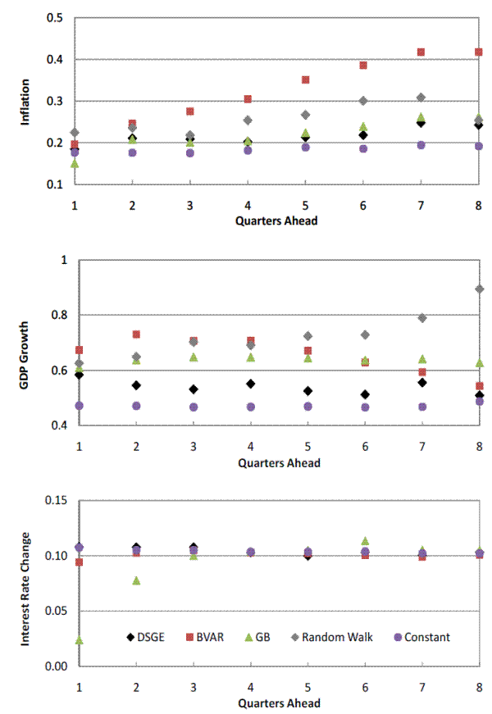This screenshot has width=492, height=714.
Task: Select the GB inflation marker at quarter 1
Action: click(x=75, y=163)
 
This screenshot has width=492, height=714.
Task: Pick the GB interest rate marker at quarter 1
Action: click(x=80, y=640)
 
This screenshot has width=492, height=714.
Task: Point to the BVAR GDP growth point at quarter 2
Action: click(x=136, y=334)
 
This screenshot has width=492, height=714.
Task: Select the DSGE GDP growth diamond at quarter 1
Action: click(x=80, y=375)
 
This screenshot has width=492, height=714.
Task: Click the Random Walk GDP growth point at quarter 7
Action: click(x=422, y=318)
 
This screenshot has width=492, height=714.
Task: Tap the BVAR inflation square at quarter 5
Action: click(x=306, y=80)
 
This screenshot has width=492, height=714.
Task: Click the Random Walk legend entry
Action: click(x=335, y=637)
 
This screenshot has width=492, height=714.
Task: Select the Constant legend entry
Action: click(x=420, y=637)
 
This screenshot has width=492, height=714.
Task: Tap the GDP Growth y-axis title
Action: click(x=25, y=343)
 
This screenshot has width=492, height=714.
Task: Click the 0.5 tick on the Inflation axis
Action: click(x=56, y=18)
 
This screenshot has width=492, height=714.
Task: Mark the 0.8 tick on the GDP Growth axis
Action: click(x=57, y=316)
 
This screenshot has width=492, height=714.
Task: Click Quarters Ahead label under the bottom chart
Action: click(x=279, y=703)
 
